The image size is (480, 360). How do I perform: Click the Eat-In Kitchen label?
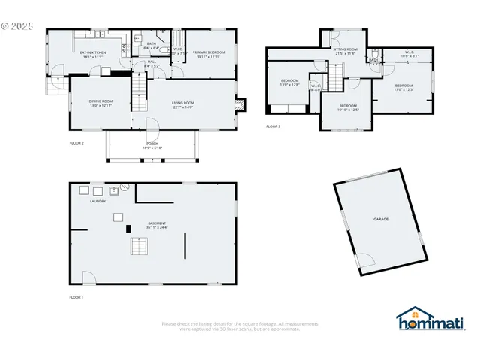coord(93,53)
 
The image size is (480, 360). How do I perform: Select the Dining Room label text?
coord(100,103)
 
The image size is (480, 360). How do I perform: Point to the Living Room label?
coord(183,104)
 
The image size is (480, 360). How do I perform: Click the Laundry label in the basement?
coord(97,202)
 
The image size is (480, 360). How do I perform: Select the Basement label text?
coord(157,225)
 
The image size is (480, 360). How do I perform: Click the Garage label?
coord(381,219)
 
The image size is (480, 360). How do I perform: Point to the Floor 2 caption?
coord(76,142)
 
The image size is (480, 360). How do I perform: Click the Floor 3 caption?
coord(273,127)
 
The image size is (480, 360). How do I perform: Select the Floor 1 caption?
coord(76,298)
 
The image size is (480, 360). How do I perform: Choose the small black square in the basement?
coord(128,227)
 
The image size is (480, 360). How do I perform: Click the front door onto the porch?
coord(150,127)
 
